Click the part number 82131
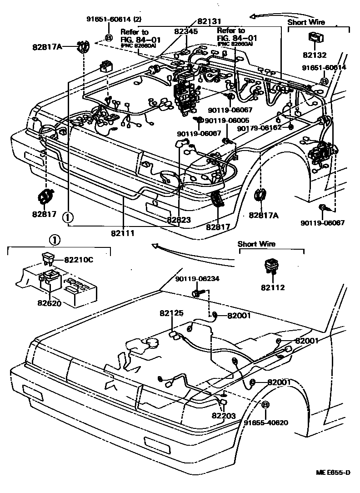(x=209, y=21)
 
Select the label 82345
(x=186, y=31)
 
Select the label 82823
(x=178, y=220)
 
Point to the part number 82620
(x=49, y=303)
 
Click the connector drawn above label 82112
(x=271, y=266)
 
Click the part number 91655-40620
(x=266, y=422)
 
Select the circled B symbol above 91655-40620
(x=266, y=405)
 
